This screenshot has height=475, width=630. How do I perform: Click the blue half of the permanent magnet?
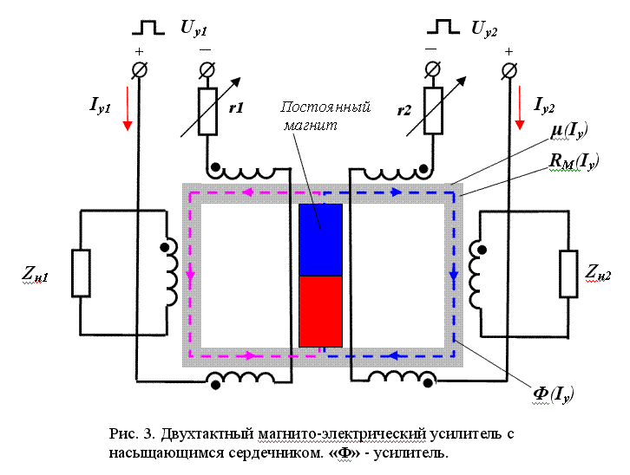coord(320,240)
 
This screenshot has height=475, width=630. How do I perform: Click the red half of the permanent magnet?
coord(320,311)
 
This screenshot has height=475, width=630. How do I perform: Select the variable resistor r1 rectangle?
coord(207,110)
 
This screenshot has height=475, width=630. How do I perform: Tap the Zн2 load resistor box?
coord(568,273)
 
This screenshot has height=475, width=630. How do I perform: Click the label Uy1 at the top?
coord(194,28)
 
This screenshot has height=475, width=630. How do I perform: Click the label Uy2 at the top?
coord(484,28)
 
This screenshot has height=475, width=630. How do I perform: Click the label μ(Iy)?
coord(570,131)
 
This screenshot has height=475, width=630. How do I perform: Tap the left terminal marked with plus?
coord(139,68)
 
